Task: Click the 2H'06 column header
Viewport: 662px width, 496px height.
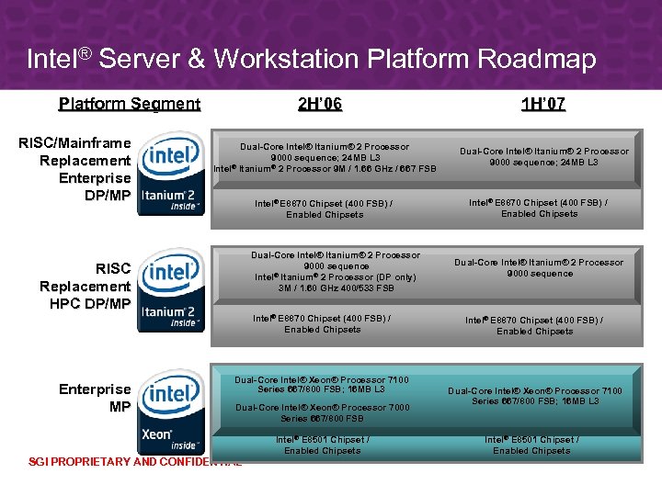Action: pos(320,104)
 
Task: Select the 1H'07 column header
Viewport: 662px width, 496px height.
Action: pos(542,104)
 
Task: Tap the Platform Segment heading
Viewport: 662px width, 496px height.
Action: pos(129,104)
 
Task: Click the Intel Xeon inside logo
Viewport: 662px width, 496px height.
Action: pos(171,410)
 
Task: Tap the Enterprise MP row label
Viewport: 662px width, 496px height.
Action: pos(95,398)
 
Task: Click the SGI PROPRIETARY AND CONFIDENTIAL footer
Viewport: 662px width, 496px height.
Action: pos(134,462)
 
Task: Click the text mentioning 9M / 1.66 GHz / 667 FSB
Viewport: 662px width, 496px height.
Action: pos(325,169)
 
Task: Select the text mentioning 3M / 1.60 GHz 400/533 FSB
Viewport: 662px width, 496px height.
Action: pos(324,287)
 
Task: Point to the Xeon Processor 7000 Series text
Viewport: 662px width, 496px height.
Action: pos(322,412)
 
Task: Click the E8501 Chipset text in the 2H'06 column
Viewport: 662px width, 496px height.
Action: pos(323,445)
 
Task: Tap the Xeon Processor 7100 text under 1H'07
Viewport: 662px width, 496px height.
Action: pos(534,396)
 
